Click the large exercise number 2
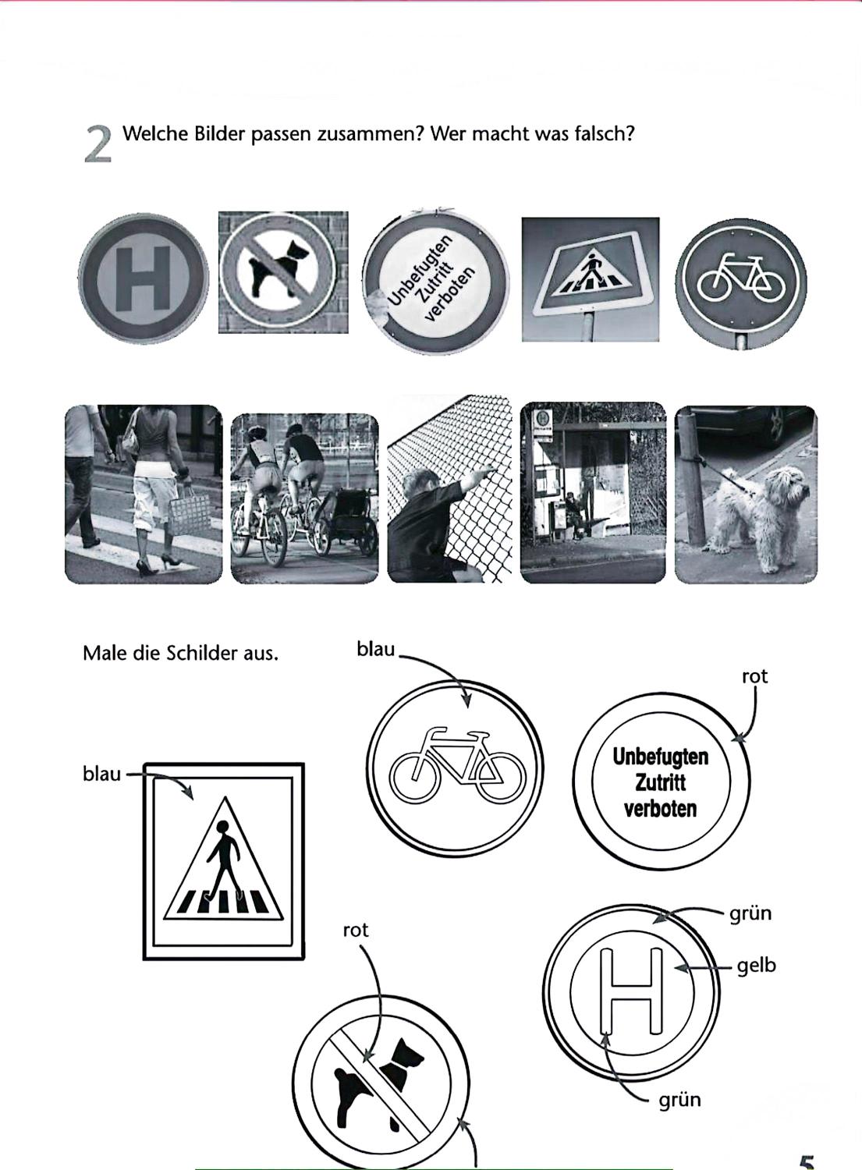(x=98, y=144)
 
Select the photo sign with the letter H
(x=144, y=278)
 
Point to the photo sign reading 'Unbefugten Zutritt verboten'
(x=436, y=282)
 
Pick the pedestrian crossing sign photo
(x=591, y=279)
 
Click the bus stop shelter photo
(x=593, y=492)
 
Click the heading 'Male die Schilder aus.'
(x=180, y=653)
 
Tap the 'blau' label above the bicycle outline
(x=376, y=649)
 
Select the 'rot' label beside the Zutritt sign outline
(x=755, y=677)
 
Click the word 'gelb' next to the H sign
(x=757, y=966)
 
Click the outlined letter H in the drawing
(x=632, y=991)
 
